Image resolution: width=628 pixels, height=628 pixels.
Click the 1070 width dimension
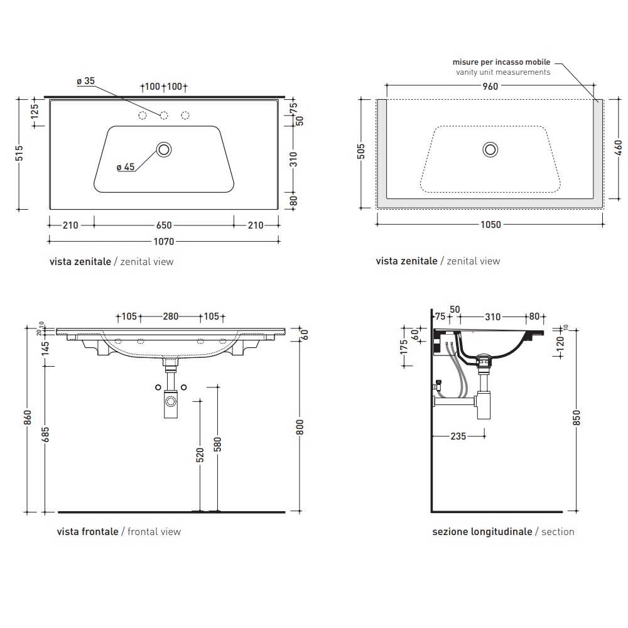pos(164,241)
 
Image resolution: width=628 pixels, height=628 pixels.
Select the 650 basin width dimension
pos(164,225)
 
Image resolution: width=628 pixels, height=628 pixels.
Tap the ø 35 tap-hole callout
pos(85,81)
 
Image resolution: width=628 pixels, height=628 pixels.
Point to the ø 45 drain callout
pos(126,167)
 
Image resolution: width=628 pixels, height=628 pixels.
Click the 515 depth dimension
pos(19,153)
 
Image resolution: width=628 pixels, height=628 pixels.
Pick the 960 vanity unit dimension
pos(490,86)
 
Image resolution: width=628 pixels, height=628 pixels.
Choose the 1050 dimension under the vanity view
pos(490,225)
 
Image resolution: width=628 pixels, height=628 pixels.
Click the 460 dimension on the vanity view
pos(618,148)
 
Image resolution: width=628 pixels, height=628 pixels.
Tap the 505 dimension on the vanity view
pos(361,151)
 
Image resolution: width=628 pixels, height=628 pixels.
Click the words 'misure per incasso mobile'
pos(501,62)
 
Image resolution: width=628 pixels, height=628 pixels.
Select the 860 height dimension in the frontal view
pos(27,418)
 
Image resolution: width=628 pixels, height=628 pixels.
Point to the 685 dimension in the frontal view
pos(45,435)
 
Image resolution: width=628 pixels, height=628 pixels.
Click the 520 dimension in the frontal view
pos(200,455)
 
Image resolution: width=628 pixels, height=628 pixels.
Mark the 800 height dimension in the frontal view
pos(300,427)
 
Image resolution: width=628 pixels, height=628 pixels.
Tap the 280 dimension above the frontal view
pos(170,317)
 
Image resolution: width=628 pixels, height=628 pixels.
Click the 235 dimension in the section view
pos(458,436)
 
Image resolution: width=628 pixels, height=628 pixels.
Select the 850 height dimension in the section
pos(577,418)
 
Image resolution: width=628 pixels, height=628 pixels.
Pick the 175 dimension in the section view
pos(404,347)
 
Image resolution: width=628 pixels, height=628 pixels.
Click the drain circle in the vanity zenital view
pos(490,150)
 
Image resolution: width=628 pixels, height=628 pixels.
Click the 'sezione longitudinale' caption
pos(482,531)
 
